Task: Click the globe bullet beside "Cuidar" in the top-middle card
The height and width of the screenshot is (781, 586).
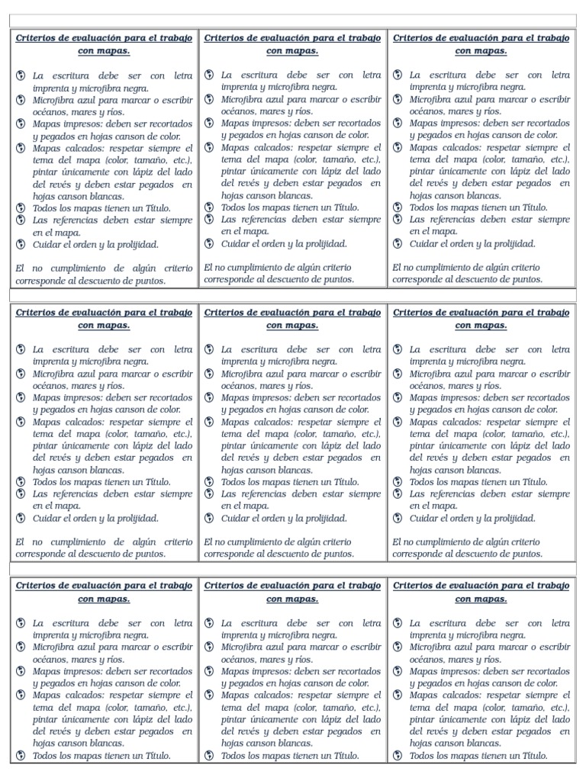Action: tap(210, 244)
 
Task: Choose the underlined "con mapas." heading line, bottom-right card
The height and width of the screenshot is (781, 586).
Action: tap(481, 599)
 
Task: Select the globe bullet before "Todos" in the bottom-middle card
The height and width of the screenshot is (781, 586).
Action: tap(210, 756)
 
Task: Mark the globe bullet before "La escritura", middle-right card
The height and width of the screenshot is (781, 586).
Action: tap(398, 349)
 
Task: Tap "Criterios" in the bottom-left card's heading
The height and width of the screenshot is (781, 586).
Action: tap(37, 586)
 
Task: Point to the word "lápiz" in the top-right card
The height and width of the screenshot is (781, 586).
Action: tap(504, 172)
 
